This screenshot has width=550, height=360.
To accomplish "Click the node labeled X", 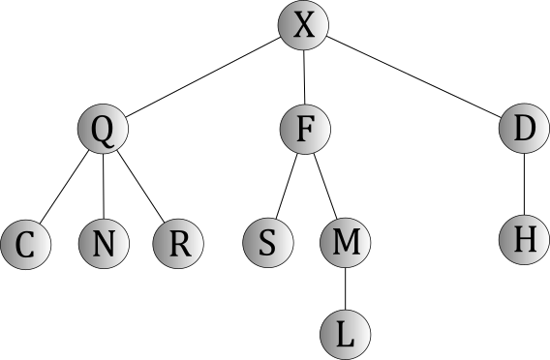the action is tap(303, 25).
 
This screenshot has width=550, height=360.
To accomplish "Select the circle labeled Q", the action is tap(102, 129).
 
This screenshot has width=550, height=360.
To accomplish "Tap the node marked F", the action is tap(305, 129).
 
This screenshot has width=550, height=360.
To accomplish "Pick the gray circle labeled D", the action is tap(524, 129).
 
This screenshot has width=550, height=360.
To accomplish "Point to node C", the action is tap(26, 244).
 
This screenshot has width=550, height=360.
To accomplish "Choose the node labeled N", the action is tap(102, 244).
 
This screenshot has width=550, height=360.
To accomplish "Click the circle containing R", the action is tap(178, 244).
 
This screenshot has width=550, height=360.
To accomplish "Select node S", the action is tap(267, 243).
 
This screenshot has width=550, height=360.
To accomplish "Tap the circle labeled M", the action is tap(345, 243).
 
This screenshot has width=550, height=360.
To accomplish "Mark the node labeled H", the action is tap(524, 239).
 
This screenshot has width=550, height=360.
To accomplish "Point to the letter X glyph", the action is tap(303, 25).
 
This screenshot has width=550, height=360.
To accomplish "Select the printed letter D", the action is tap(524, 129).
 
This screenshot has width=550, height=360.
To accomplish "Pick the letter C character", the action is tap(26, 244).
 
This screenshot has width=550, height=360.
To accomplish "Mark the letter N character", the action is tap(102, 244).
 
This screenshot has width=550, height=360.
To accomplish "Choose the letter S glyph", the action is tap(267, 243).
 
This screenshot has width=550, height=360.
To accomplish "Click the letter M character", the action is tap(345, 243).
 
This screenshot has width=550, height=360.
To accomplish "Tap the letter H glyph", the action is tap(524, 239).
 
